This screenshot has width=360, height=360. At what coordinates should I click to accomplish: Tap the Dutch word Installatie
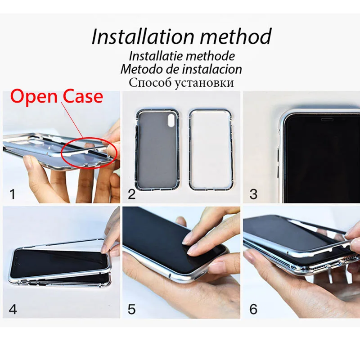click(x=155, y=56)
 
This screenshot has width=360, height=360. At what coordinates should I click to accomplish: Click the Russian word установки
click(x=203, y=83)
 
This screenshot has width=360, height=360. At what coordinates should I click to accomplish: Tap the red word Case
click(x=82, y=96)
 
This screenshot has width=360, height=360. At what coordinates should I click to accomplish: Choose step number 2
click(x=131, y=194)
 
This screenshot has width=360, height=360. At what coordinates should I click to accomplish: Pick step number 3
click(x=253, y=194)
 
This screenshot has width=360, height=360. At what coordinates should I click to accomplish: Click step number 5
click(x=131, y=309)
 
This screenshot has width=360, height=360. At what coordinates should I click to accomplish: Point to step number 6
click(x=253, y=309)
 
